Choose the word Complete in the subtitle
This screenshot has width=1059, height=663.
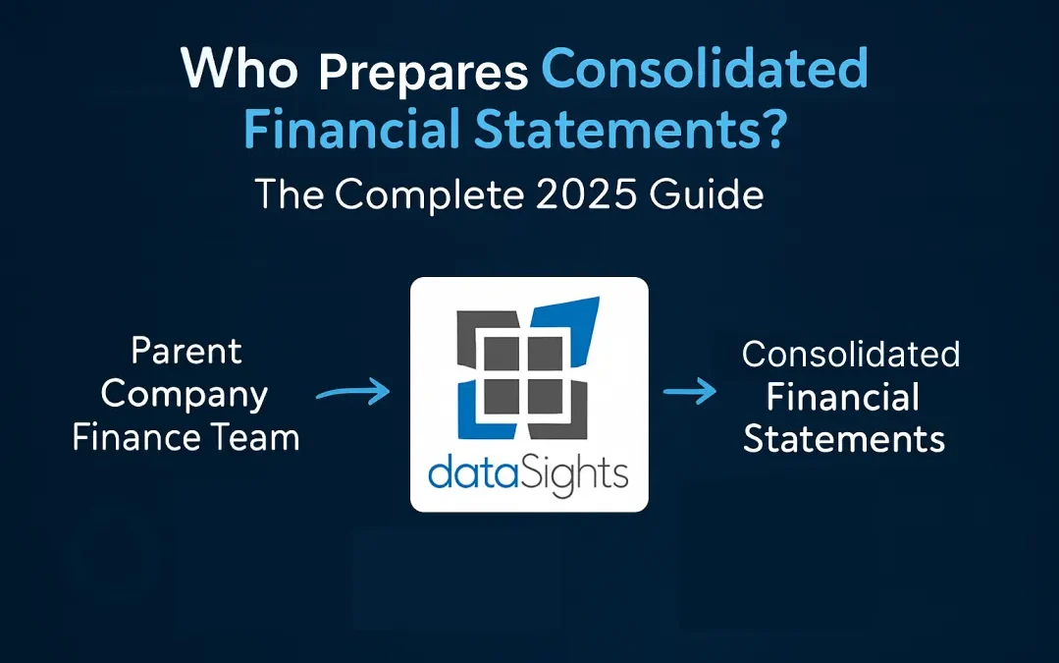pos(426,193)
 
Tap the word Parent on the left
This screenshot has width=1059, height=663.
pos(185,352)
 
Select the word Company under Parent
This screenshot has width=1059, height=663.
pos(185,395)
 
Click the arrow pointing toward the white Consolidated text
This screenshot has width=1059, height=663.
pos(689,394)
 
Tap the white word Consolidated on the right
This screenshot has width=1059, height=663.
pos(850,354)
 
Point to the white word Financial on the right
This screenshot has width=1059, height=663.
pos(842,397)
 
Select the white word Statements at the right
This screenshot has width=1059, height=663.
pos(844,439)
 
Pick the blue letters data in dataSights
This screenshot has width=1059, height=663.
pos(467,474)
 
